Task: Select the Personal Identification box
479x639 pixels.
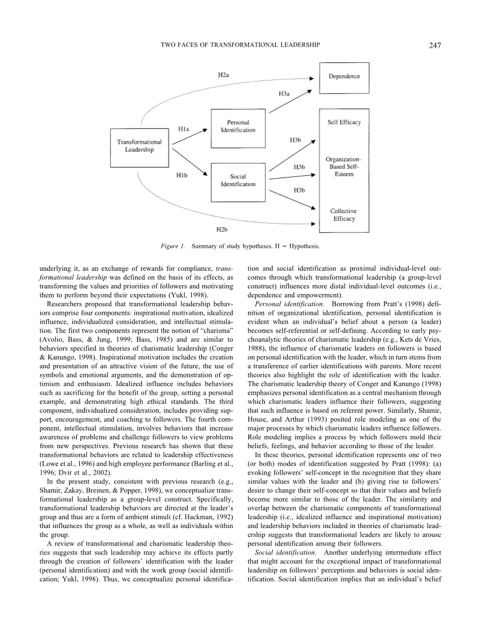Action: click(x=237, y=126)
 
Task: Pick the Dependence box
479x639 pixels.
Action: click(x=344, y=77)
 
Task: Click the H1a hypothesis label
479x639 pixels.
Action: click(x=184, y=129)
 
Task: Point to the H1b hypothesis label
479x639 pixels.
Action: click(x=182, y=176)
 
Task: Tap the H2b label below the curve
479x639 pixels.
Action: click(x=222, y=228)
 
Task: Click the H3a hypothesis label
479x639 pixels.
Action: click(x=284, y=94)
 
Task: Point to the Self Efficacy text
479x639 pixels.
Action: click(x=344, y=122)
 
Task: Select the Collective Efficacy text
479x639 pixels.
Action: click(x=344, y=215)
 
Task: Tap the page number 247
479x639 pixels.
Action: click(x=434, y=46)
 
